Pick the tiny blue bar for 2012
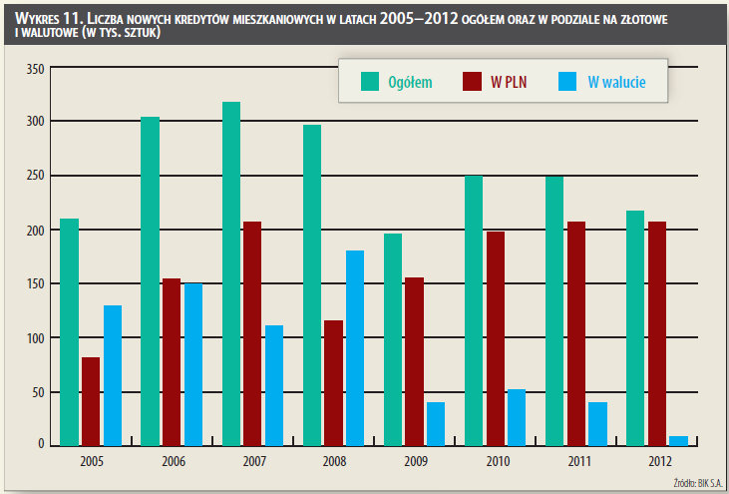[x=679, y=440]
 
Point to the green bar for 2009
[x=393, y=339]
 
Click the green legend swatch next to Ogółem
[x=370, y=83]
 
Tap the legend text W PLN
[x=509, y=83]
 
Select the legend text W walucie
[x=616, y=83]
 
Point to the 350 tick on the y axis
[x=35, y=68]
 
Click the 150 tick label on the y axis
[x=35, y=283]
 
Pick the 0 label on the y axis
[x=41, y=444]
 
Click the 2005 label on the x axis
[x=91, y=461]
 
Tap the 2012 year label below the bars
[x=658, y=461]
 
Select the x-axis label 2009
[x=415, y=461]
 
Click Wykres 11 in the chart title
[x=44, y=19]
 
